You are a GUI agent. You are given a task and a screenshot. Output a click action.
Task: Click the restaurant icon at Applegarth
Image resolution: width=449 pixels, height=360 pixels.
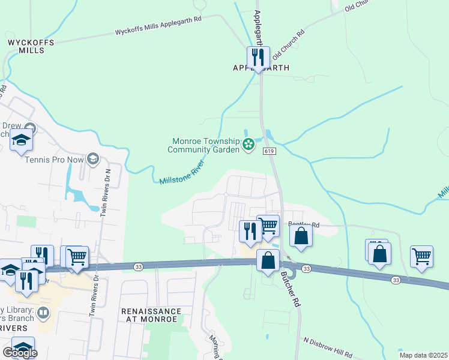pos(258,58)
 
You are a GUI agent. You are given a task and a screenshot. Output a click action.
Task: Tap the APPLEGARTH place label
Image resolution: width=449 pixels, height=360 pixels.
pos(261,68)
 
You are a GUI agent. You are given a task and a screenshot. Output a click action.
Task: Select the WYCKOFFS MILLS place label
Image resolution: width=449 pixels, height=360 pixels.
pos(31,46)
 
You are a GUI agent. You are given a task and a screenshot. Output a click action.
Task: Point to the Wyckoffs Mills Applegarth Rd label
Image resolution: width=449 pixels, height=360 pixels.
pos(158,28)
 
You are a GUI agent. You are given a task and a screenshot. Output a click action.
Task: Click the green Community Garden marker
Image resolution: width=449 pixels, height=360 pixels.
pos(248,144)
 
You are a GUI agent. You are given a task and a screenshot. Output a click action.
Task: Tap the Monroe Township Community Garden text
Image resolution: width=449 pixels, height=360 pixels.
pos(206,145)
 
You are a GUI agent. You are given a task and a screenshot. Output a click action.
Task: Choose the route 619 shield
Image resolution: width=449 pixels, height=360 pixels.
pos(269,151)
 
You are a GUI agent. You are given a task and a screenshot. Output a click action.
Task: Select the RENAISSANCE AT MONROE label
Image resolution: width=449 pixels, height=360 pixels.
pos(150,315)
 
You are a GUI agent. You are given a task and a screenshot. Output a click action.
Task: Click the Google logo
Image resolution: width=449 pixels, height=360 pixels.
pos(19,352)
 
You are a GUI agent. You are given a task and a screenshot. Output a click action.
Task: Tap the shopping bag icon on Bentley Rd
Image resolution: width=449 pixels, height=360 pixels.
pos(301,236)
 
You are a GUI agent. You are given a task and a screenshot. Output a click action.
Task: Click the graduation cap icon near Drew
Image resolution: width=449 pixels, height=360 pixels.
pos(22,140)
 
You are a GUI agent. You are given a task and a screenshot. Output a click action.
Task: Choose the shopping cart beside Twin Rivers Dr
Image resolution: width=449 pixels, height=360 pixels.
pos(77,257)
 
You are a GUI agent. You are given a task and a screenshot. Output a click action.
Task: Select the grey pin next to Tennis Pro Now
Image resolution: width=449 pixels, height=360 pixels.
pos(92,159)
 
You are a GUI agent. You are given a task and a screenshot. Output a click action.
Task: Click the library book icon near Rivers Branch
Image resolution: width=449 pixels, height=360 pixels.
pos(43,312)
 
